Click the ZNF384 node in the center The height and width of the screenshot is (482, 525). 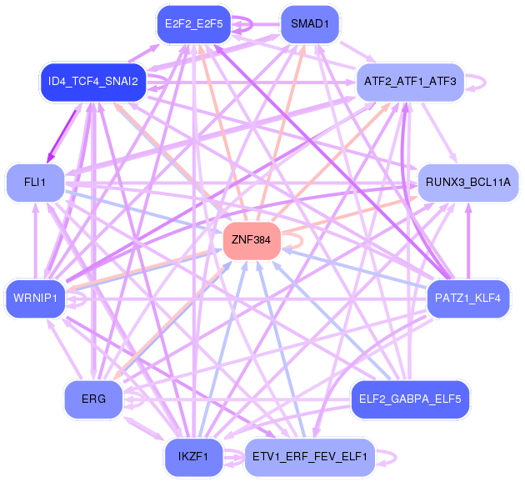coord(252,240)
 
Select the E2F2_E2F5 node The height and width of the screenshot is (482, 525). coord(193,24)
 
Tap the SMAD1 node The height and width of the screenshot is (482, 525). coord(309,24)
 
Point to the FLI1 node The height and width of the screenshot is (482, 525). coord(35,181)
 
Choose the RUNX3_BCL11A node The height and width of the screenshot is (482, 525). coord(467,181)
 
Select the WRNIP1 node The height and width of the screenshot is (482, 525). coord(35,299)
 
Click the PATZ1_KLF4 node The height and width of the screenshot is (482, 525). coord(467,299)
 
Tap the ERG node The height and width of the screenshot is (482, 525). coord(93,399)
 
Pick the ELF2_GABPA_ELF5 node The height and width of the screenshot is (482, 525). coord(409,399)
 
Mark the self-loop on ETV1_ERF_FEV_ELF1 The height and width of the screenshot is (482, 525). coord(392,456)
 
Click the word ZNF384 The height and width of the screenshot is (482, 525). coord(252,240)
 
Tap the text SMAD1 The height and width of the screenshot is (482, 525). coord(309,24)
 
